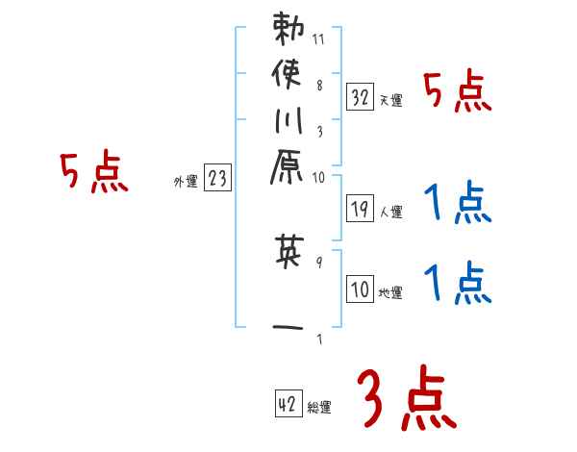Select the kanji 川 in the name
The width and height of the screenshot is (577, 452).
[288, 126]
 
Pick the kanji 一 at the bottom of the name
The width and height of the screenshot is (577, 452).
[288, 326]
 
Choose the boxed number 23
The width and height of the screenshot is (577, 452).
[218, 177]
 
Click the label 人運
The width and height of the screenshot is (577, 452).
[391, 210]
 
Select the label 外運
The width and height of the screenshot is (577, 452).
[186, 181]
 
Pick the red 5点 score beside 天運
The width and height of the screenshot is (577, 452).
[458, 93]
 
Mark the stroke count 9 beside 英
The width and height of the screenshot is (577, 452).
[318, 259]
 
